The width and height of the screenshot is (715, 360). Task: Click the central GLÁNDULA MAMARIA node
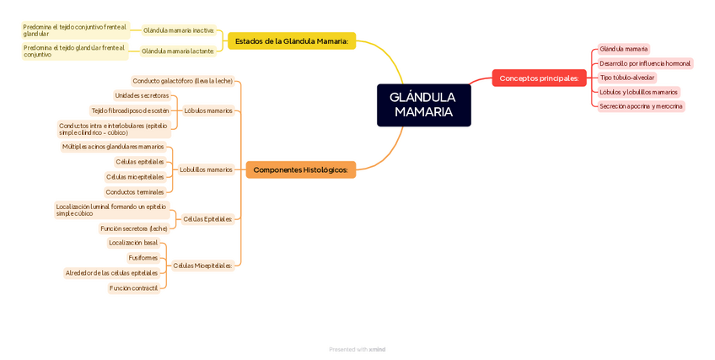[x=423, y=105]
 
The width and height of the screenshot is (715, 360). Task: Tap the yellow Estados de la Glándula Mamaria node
[x=292, y=40]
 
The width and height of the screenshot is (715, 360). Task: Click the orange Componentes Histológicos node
[x=300, y=169]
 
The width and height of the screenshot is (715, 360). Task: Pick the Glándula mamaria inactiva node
[x=178, y=30]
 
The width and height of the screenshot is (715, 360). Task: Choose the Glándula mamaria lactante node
[x=177, y=51]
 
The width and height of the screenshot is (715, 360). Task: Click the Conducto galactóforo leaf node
[x=182, y=81]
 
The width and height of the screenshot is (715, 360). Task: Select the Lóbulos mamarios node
[x=207, y=110]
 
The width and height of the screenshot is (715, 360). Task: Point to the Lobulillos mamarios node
[x=206, y=169]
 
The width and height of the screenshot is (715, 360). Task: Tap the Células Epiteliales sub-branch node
[x=207, y=219]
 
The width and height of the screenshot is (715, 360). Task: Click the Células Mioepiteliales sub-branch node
[x=202, y=266]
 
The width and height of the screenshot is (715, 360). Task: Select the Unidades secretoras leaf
[x=142, y=95]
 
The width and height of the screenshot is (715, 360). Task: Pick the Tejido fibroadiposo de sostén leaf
[x=130, y=110]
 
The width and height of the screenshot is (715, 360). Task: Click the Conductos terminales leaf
[x=135, y=192]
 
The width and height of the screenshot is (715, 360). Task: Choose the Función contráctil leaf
[x=133, y=288]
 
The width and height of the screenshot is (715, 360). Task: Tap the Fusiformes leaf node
[x=142, y=258]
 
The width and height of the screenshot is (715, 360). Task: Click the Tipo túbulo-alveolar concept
[x=626, y=78]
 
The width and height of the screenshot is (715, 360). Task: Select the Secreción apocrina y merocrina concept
[x=640, y=106]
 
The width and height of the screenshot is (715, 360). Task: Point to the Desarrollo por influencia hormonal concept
[x=644, y=63]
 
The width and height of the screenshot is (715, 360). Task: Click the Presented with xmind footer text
[x=357, y=349]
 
